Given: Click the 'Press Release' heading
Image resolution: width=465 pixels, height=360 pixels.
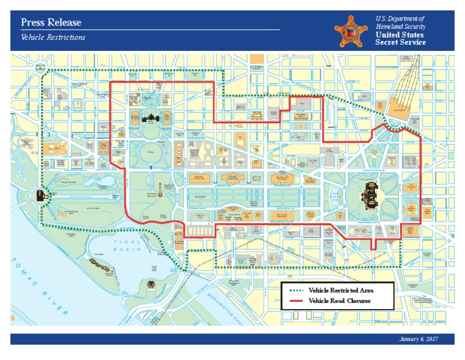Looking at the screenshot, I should (51, 22).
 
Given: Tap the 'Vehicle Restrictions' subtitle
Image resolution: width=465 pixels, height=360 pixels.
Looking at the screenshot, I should (53, 38).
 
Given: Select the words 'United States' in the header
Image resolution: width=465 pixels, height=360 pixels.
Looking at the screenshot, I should (400, 35).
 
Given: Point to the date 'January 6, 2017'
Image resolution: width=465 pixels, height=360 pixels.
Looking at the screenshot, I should (418, 339).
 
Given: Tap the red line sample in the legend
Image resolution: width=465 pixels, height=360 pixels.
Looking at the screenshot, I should (295, 301).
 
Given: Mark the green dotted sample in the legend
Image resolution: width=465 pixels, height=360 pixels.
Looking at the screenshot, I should (295, 291).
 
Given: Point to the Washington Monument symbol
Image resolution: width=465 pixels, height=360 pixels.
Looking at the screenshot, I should (161, 192).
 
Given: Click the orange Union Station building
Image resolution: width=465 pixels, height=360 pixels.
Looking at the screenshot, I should (399, 105).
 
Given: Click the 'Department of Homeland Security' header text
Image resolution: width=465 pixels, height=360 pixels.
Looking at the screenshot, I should (400, 23).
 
